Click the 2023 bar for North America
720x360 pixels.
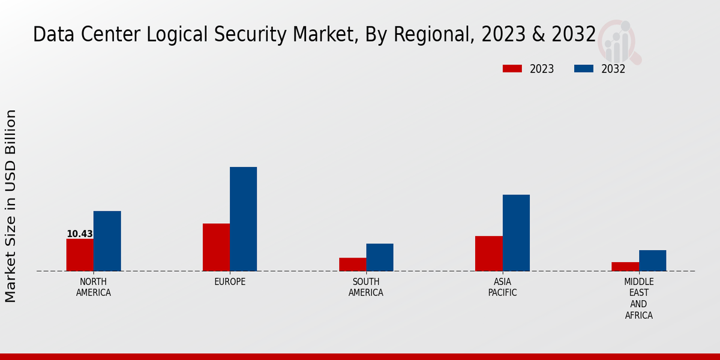80,255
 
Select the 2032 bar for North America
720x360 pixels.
107,241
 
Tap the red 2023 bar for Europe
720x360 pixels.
216,247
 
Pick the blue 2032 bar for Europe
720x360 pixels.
243,219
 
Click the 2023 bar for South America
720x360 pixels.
352,265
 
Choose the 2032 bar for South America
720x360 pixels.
380,257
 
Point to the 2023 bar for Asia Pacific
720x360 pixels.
488,254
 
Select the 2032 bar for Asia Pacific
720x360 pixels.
516,233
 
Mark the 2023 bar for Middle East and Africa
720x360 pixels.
625,266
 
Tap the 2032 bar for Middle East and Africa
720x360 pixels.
652,260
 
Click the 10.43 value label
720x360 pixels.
80,234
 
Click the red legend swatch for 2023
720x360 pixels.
512,69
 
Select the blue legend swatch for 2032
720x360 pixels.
583,69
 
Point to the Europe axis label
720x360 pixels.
230,282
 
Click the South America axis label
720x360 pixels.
366,287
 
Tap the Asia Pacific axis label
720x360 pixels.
502,287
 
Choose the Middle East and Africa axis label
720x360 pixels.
639,298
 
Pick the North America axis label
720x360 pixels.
94,287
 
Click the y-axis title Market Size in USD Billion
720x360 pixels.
11,206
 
